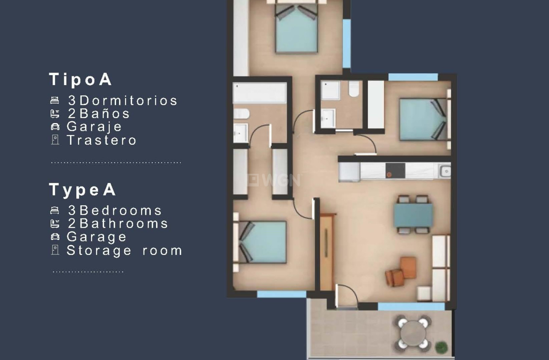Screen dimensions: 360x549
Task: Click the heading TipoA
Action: tap(81, 79)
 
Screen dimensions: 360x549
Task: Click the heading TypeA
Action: tap(83, 190)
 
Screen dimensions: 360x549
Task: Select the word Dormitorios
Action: tap(129, 101)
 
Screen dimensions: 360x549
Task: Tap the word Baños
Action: tap(104, 113)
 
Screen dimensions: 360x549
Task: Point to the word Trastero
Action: tap(102, 140)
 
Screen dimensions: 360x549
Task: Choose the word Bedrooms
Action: tap(121, 210)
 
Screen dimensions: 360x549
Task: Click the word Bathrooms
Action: tap(124, 224)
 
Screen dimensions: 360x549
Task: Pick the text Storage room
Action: tap(124, 250)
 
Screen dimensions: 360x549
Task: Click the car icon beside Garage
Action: tap(55, 237)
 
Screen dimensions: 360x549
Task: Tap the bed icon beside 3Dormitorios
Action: tap(55, 101)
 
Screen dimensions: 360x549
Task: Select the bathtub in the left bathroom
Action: tap(259, 93)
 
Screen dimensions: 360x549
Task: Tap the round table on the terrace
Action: tap(412, 332)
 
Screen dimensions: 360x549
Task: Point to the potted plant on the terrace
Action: tap(440, 346)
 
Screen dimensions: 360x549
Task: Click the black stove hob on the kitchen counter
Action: tap(395, 171)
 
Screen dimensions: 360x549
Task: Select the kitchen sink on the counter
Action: tap(445, 170)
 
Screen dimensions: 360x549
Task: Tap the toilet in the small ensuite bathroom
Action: tap(354, 89)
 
